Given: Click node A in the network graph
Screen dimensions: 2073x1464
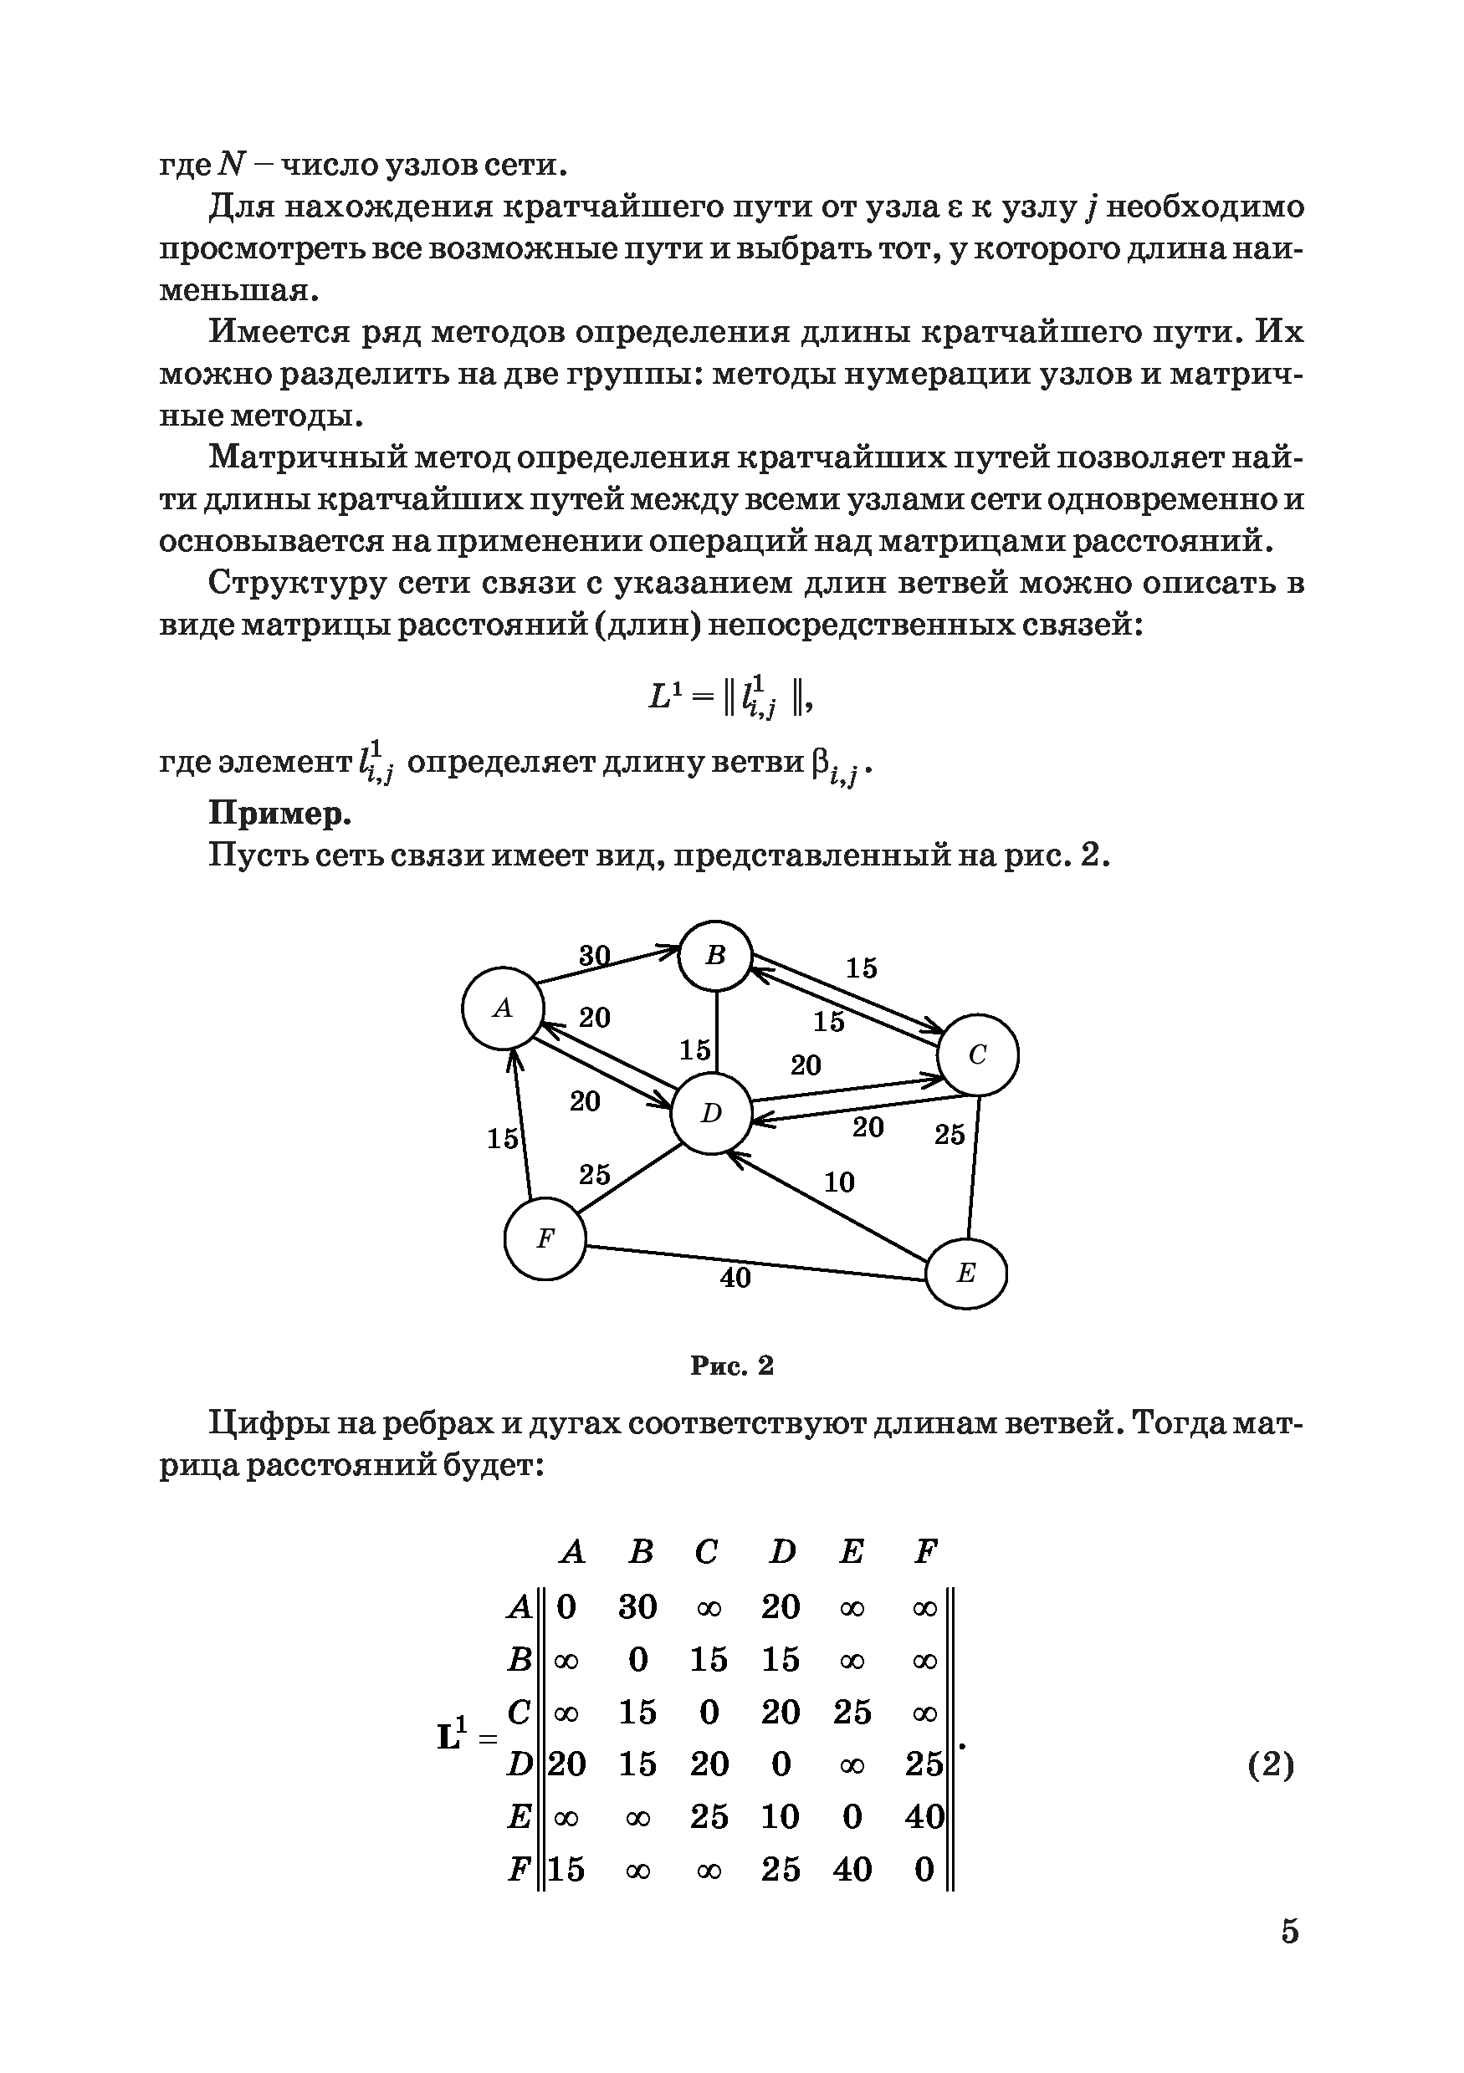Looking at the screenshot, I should click(502, 1008).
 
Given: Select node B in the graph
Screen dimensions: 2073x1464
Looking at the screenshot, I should click(715, 955).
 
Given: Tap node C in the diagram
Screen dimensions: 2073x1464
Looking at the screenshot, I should click(977, 1054).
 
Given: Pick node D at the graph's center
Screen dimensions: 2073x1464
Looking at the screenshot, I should click(712, 1113).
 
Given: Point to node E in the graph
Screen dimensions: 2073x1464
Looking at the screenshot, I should click(966, 1273).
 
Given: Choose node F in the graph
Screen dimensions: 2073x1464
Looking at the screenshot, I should click(545, 1238).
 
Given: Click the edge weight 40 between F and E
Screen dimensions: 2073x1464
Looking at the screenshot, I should click(735, 1278).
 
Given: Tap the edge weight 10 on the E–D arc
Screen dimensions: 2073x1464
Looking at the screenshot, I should click(839, 1182).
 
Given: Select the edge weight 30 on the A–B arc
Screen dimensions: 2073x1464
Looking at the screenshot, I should click(594, 954).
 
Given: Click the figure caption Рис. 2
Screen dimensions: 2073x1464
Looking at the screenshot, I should click(731, 1366).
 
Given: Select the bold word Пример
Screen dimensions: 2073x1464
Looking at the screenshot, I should click(280, 814).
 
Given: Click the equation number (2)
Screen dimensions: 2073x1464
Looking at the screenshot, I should click(1271, 1764).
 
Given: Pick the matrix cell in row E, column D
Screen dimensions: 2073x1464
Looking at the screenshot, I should click(781, 1816).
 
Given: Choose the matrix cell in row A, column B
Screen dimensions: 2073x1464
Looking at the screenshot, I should click(637, 1607).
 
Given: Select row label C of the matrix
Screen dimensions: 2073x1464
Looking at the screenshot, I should click(519, 1712).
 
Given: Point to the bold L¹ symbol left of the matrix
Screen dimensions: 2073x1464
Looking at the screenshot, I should click(453, 1735).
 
